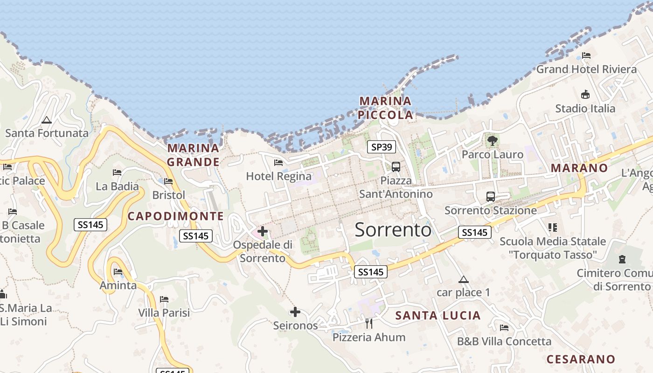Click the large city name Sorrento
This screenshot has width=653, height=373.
[393, 230]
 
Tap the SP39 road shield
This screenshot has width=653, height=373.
[381, 147]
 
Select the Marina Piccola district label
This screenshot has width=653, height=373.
[386, 108]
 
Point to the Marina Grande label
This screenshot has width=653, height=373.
[193, 155]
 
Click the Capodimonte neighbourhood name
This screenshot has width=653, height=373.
[176, 216]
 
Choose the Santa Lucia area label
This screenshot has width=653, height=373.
[438, 316]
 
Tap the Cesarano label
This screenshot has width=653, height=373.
[581, 359]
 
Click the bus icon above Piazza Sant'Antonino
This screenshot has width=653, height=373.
[396, 166]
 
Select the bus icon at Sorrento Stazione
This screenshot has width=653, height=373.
[490, 196]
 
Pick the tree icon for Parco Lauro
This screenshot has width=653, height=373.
[492, 140]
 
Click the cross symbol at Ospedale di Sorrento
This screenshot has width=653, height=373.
[263, 231]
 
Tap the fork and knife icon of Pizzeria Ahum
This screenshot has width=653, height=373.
[369, 323]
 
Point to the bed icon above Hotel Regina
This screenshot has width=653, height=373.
[278, 163]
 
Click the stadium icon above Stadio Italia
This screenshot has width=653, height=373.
[585, 95]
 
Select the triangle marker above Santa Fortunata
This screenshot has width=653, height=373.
[46, 120]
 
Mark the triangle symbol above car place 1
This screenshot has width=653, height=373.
[463, 280]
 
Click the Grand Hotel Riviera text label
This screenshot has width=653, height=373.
[586, 69]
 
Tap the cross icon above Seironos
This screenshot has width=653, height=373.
[295, 312]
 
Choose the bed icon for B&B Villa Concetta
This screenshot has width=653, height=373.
[504, 328]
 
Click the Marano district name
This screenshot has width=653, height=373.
[579, 168]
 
